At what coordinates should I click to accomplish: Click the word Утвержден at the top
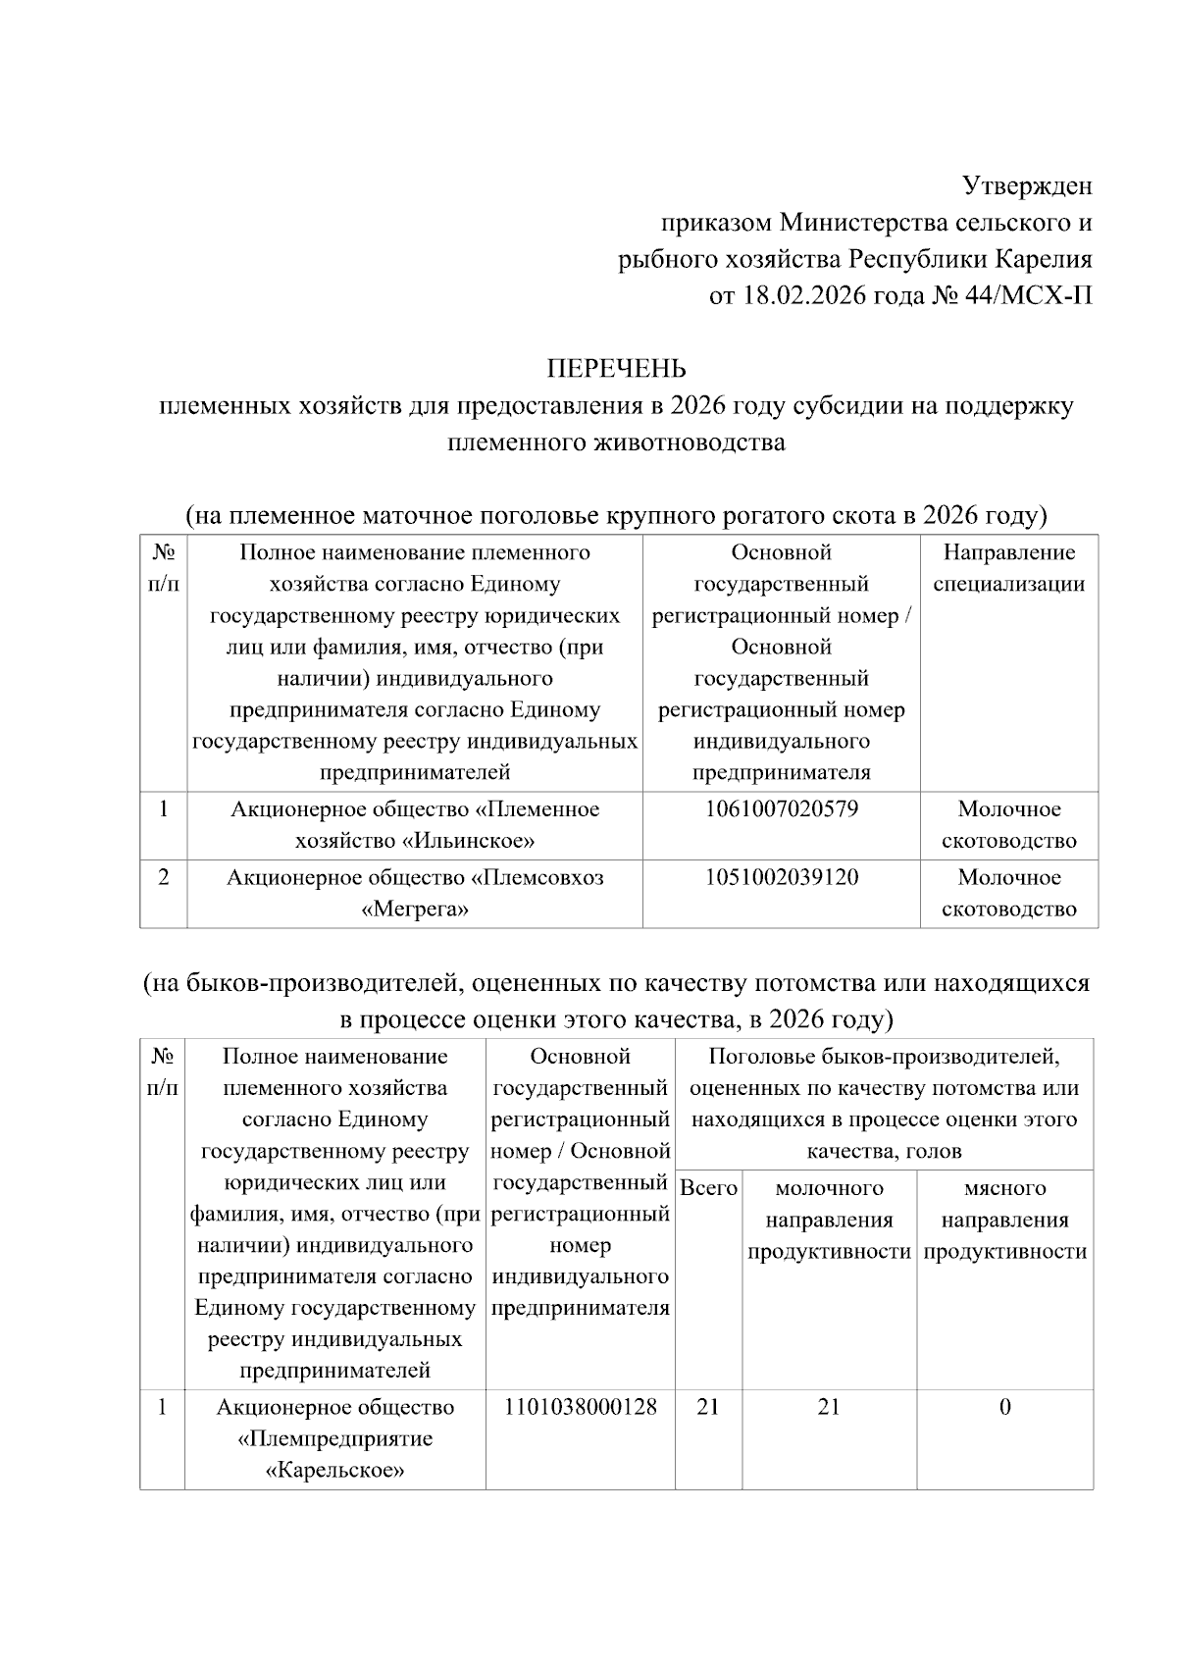tap(1026, 185)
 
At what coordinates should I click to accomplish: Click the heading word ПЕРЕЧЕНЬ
tap(616, 369)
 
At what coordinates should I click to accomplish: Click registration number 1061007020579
tap(781, 809)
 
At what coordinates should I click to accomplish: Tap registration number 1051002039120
tap(781, 877)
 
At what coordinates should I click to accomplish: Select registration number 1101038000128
tap(580, 1407)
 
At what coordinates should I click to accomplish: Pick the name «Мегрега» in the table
tap(415, 909)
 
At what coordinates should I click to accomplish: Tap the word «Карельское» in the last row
tap(335, 1471)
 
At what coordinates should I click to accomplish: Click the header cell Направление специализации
tap(1008, 568)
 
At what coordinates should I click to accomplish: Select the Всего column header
tap(708, 1188)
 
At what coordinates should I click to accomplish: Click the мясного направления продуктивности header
tap(1004, 1220)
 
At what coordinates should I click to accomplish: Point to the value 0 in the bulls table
tap(1004, 1407)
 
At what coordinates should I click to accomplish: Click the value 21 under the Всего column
tap(707, 1407)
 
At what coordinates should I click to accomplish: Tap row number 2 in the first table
tap(163, 877)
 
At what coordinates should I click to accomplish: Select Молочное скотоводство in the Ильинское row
tap(1008, 825)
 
